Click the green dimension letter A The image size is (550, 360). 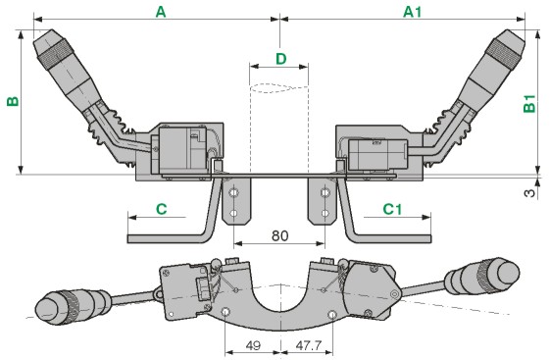(x=161, y=12)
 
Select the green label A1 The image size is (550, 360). (x=412, y=12)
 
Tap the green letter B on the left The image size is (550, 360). (x=13, y=101)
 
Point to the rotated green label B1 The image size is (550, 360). (x=529, y=104)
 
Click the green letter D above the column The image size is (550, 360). (x=281, y=59)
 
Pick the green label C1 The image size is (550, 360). (x=392, y=210)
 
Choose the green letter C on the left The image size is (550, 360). (x=162, y=210)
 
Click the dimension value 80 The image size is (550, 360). (x=280, y=236)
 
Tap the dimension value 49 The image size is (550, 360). (x=253, y=345)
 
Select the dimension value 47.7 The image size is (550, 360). (x=308, y=345)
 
